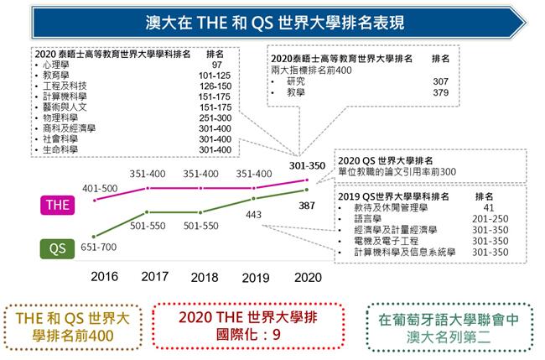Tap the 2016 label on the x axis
[x=104, y=276]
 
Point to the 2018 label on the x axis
[x=205, y=276]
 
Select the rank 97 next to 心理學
[x=216, y=64]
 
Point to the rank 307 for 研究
[x=441, y=81]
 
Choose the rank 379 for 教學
[x=441, y=93]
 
